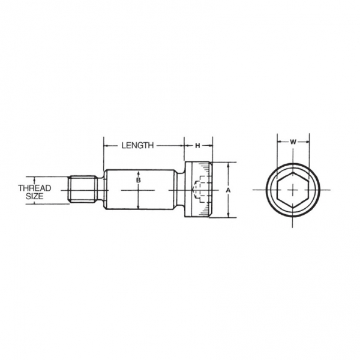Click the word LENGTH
pos(137,145)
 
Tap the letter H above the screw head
pos(197,146)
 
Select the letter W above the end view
pos(293,142)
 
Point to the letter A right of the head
pos(228,190)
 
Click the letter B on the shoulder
pos(138,180)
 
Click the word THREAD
pos(35,188)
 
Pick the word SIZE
pos(34,196)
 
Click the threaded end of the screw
pos(82,190)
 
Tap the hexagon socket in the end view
pos(293,190)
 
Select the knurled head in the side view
pos(199,190)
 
